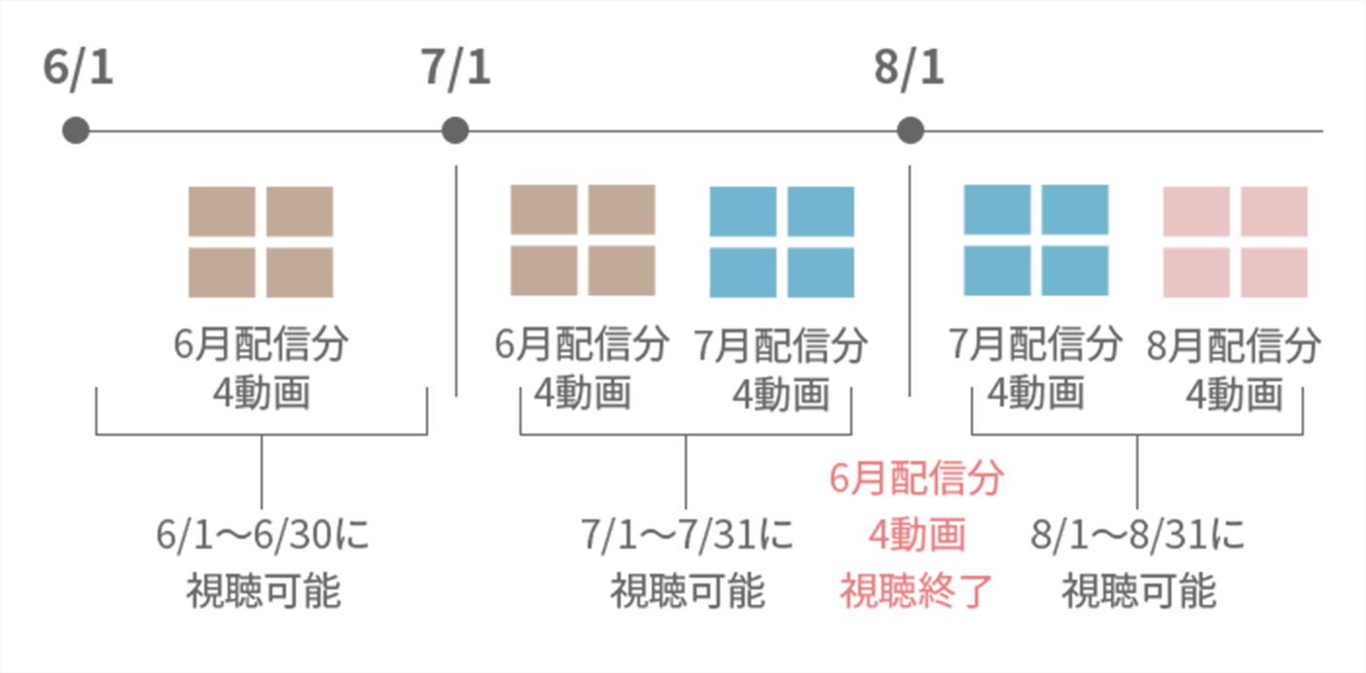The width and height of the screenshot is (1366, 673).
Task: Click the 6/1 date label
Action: [79, 70]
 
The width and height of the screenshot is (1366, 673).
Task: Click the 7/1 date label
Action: [456, 70]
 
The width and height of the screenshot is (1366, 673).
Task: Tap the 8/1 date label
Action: [910, 70]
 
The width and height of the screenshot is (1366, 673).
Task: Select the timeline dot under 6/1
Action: [76, 130]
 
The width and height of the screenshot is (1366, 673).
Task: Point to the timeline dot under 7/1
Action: [454, 130]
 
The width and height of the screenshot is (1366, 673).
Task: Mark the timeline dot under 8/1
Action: [910, 130]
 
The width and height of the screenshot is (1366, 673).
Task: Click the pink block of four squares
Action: [1235, 242]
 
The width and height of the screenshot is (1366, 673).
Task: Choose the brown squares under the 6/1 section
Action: [261, 242]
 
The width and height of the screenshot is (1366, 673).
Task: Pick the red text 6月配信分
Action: [917, 478]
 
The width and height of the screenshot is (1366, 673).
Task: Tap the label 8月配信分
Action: [1235, 346]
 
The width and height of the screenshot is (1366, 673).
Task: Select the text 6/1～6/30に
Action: [263, 536]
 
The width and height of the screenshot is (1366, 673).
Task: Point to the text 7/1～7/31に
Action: [687, 536]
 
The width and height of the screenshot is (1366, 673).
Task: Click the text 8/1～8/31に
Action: [1138, 536]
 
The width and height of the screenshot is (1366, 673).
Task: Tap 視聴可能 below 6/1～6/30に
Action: [263, 591]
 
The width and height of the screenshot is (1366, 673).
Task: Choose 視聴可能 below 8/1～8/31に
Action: [1138, 591]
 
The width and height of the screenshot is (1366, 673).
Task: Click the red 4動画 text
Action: [917, 534]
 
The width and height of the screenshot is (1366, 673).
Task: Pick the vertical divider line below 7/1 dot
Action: [456, 282]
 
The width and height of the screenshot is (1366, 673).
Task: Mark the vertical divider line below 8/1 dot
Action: [910, 282]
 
